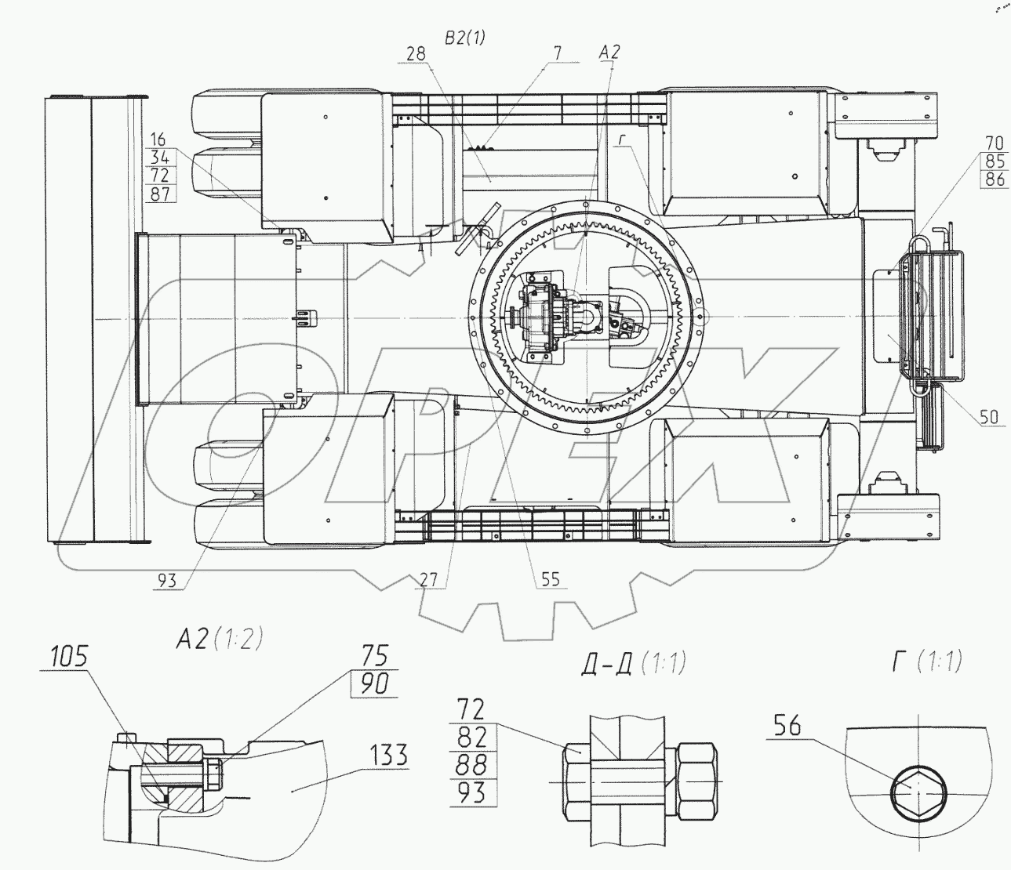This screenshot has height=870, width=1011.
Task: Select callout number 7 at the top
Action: [558, 53]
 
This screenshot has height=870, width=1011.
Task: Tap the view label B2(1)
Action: [465, 37]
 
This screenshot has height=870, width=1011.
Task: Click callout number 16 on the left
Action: [158, 140]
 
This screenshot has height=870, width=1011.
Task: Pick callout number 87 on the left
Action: [159, 194]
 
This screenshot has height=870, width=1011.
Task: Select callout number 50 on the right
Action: [990, 416]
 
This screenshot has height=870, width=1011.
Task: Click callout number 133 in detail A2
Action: [389, 756]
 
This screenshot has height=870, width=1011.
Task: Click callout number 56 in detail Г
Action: [788, 727]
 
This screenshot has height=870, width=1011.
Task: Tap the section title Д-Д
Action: [608, 665]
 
